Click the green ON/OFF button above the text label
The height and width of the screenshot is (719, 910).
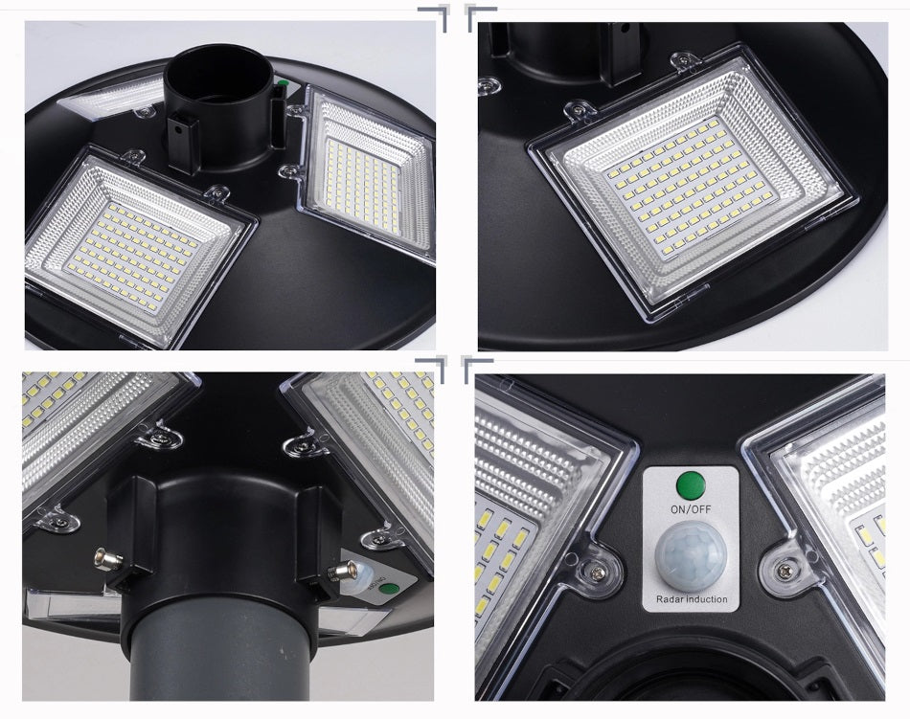click(x=691, y=484)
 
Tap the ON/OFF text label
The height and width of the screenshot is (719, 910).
click(x=690, y=509)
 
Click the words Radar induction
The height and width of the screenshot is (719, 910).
click(x=692, y=599)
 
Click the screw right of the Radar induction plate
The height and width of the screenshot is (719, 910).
click(x=785, y=569)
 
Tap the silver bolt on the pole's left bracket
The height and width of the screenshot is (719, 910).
click(x=108, y=560)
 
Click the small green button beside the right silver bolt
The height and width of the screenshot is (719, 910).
click(x=385, y=589)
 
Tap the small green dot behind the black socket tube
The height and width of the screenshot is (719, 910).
click(x=283, y=83)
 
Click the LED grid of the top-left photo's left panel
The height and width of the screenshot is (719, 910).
click(x=130, y=256)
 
